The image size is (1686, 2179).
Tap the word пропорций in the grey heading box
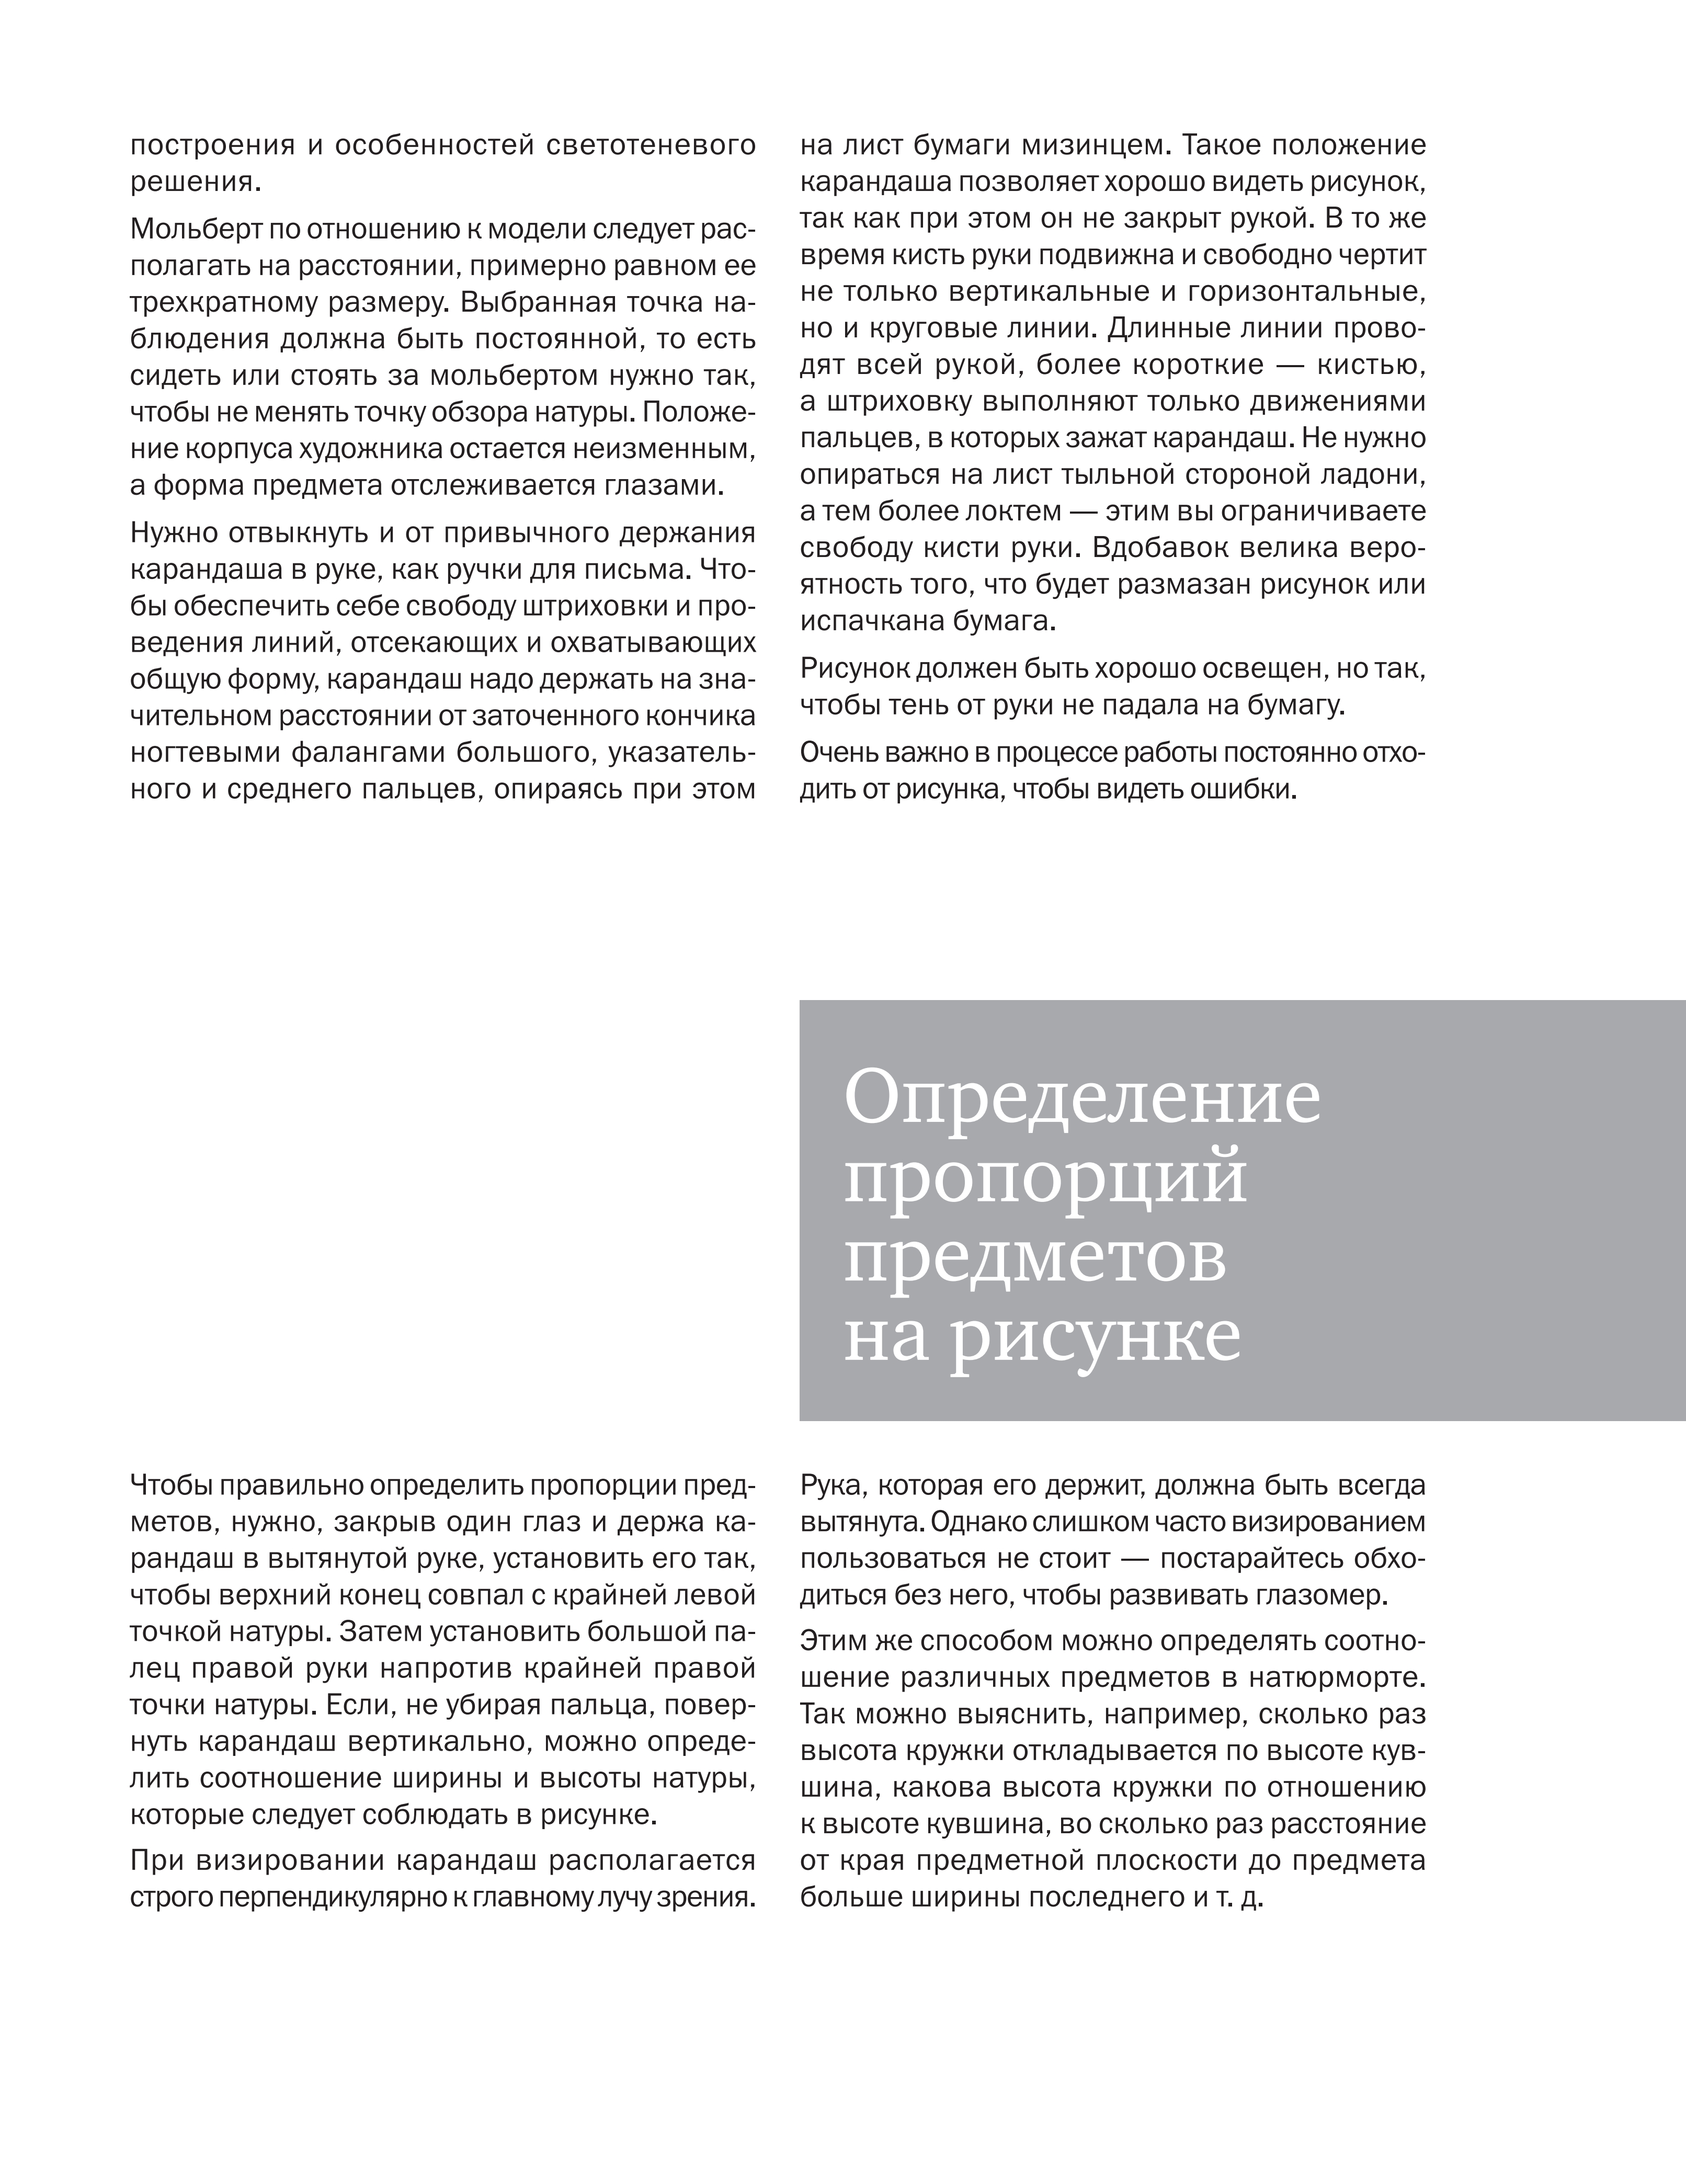1045,1179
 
